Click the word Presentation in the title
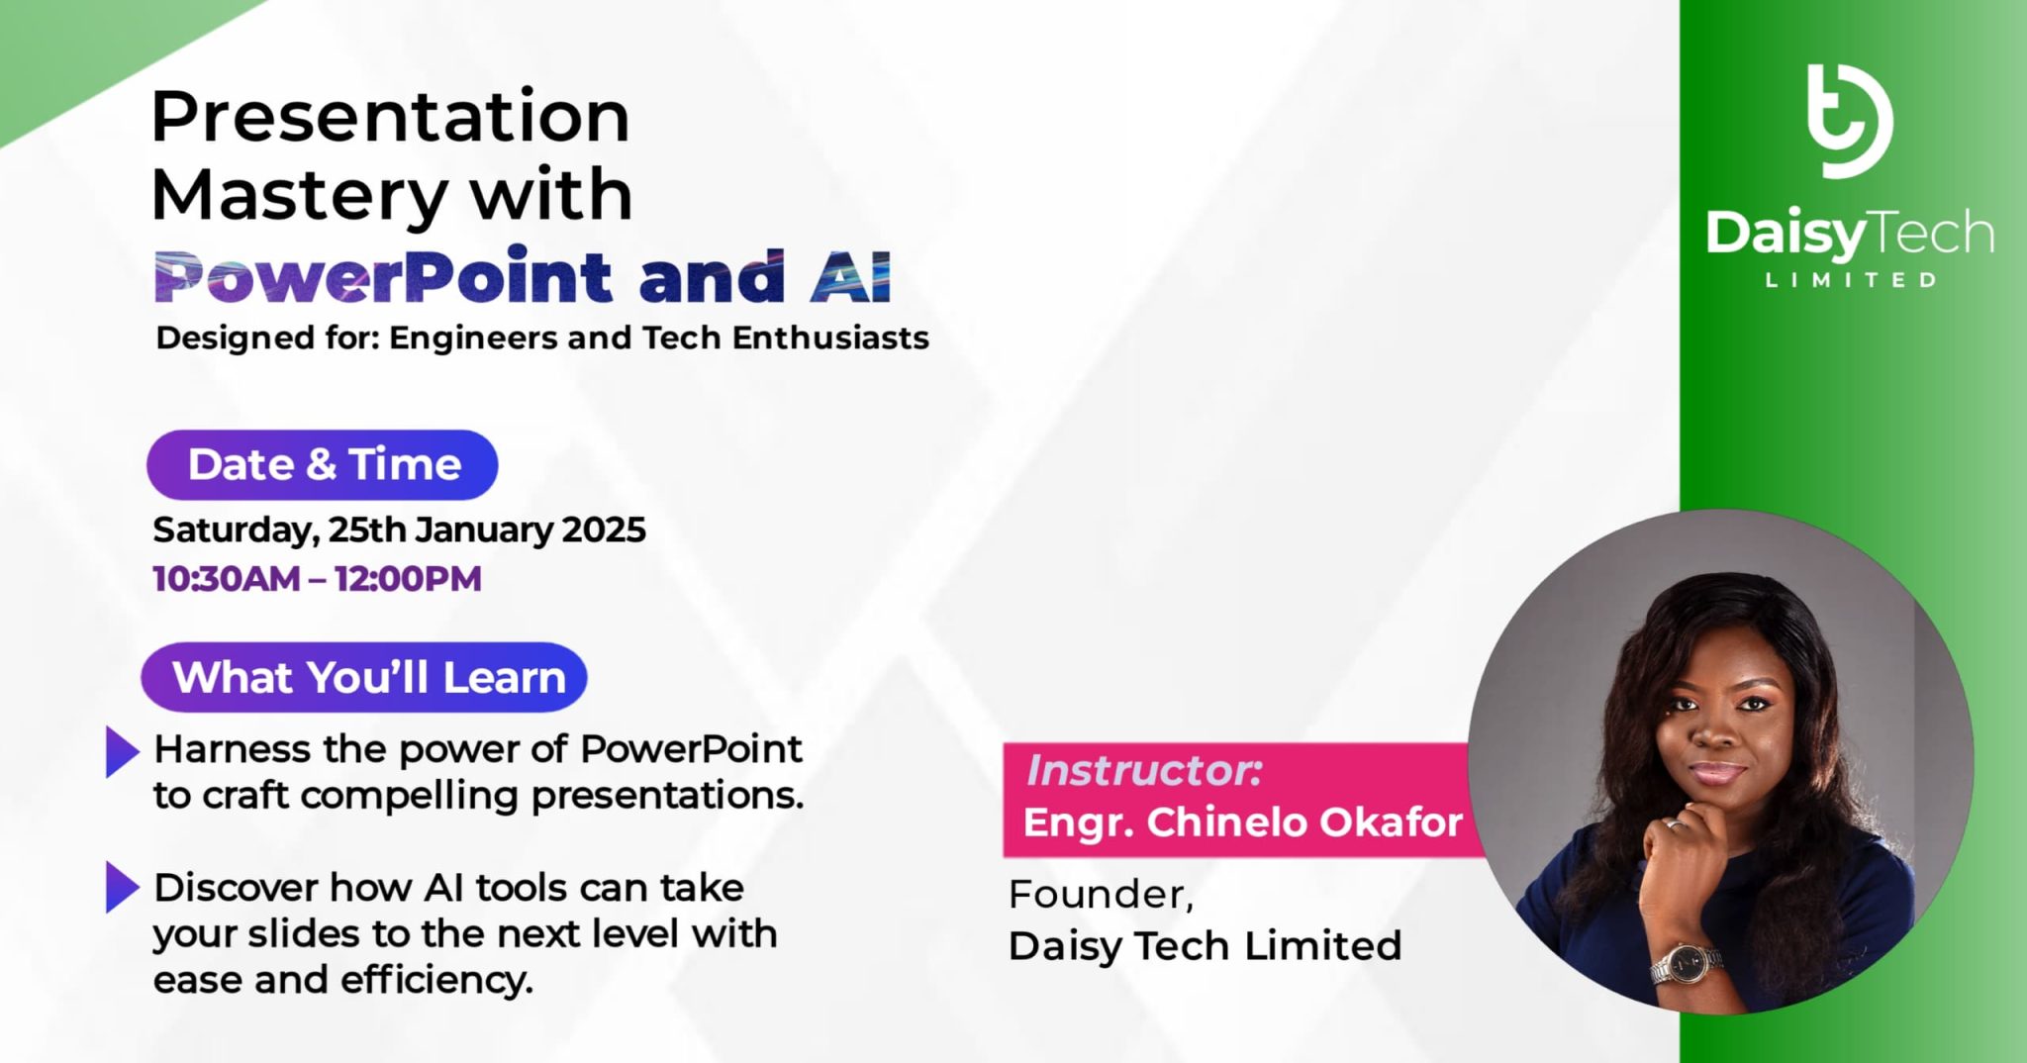pos(390,117)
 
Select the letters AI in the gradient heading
pos(850,277)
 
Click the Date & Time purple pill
pos(323,464)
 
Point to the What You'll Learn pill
pos(365,678)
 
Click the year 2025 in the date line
pos(604,530)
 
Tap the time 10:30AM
pos(227,579)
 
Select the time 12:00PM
pos(408,579)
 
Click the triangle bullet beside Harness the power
pos(122,752)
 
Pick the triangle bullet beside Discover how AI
pos(122,887)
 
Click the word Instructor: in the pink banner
pos(1144,771)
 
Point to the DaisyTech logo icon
pos(1848,121)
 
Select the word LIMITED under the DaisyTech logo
pos(1851,280)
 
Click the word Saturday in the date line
pos(235,531)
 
